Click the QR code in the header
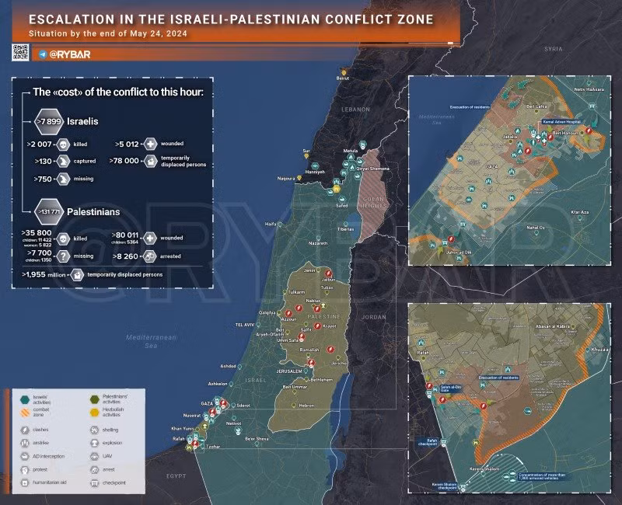[20, 53]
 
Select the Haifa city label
[271, 224]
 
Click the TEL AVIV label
[245, 323]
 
